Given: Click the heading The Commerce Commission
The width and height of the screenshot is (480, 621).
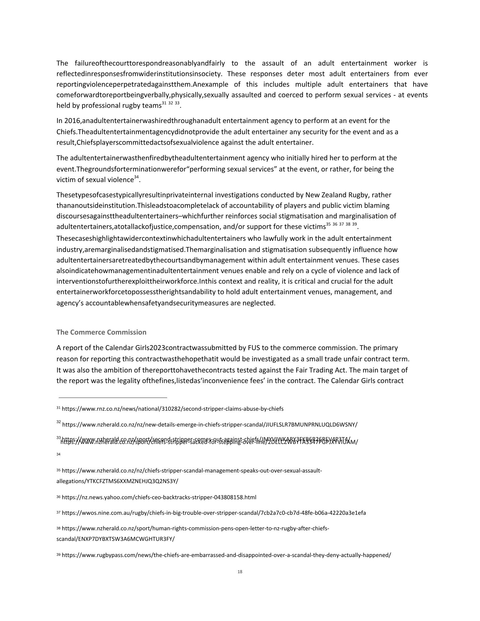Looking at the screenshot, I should [x=101, y=332].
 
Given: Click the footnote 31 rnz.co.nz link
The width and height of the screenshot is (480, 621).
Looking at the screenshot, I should [x=172, y=409].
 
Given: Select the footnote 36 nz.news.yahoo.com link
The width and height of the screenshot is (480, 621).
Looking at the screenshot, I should [x=159, y=497].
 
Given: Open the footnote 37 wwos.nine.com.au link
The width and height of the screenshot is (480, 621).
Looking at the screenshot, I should [x=213, y=513].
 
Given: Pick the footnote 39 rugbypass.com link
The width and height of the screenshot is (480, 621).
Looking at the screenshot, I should [x=226, y=555].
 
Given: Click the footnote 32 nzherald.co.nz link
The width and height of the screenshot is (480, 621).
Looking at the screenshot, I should [x=210, y=425].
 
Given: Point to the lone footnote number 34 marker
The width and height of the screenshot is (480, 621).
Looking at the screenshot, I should [x=58, y=454].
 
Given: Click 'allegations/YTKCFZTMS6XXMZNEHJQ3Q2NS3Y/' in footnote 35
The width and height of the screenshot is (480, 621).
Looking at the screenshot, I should [x=117, y=481].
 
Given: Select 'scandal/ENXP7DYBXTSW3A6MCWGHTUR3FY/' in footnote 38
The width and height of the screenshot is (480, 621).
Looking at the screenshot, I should [x=115, y=539].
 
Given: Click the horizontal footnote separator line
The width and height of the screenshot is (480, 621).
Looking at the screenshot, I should [x=113, y=397].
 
